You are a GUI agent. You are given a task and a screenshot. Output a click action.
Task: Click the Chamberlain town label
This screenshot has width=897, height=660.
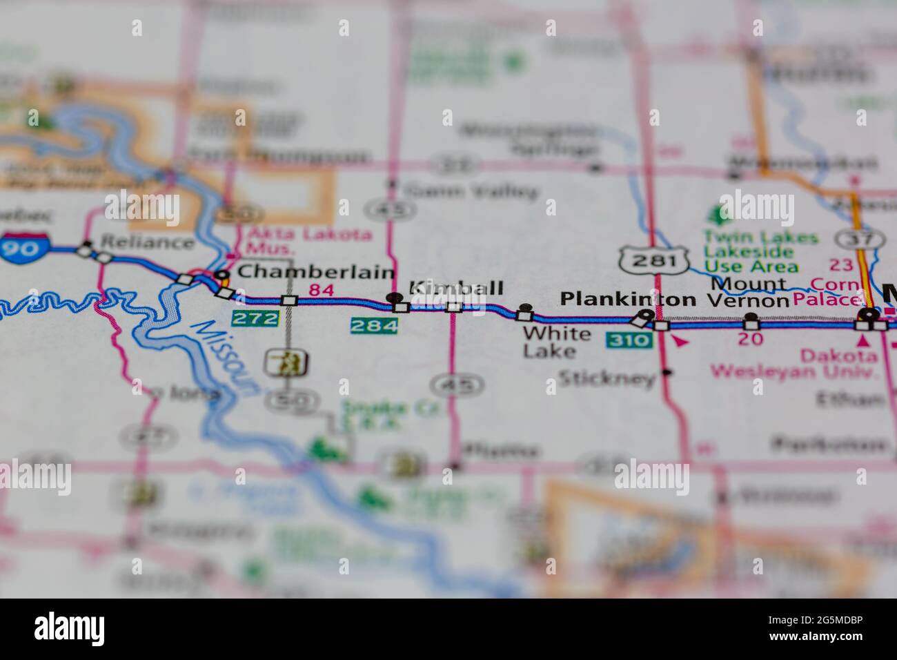coord(315,273)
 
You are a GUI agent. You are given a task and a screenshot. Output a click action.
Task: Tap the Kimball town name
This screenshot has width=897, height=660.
coord(456,289)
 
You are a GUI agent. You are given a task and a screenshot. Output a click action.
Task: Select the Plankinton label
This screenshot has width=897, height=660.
coord(627,299)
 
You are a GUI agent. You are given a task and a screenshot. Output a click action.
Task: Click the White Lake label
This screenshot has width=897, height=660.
coord(556,342)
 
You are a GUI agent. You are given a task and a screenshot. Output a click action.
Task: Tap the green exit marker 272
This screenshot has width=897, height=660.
coord(255,318)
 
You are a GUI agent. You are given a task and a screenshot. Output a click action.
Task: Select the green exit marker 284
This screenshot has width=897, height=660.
coord(374,325)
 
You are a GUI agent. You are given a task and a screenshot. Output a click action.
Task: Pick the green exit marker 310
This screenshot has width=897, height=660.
coord(629,340)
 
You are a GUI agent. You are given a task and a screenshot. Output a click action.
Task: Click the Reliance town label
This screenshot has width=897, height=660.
coord(147,242)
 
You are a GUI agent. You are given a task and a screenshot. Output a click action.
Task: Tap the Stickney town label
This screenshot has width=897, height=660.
coord(607,378)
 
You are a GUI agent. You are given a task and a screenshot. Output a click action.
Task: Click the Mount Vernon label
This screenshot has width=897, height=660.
coord(749,292)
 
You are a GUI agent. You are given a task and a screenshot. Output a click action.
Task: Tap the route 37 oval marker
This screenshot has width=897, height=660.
coord(859,240)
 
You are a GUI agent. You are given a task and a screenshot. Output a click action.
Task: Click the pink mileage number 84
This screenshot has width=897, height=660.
coord(321,291)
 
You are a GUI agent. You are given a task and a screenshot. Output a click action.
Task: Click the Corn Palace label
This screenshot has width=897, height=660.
coord(836,292)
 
